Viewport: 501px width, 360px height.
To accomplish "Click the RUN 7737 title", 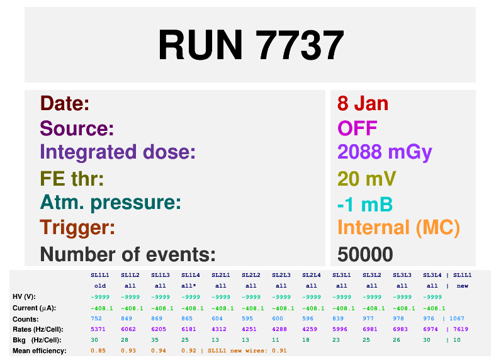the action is coord(251,45).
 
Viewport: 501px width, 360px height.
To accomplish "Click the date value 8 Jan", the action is coord(363,103).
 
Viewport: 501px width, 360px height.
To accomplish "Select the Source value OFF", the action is coord(357,128).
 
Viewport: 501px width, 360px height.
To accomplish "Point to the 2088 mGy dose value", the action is coord(385,153).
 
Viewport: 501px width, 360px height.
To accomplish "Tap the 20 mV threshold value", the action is coord(366,178).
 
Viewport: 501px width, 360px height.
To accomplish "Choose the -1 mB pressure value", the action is coord(365,205).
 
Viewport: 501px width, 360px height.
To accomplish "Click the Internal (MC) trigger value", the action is coord(399,228).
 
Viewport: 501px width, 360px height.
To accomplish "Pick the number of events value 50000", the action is coord(365,254).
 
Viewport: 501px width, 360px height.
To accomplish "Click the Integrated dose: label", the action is coord(118,152).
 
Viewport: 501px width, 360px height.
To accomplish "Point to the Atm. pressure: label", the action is coord(111,203).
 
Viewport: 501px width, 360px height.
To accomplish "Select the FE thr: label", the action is coord(72,178).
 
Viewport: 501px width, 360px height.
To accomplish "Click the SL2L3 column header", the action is coord(281,275).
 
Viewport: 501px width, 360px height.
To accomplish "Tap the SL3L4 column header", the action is coord(432,275).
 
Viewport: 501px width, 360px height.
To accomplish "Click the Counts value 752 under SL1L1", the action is coord(96,318).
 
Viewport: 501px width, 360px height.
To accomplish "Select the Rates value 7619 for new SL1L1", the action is coord(461,329).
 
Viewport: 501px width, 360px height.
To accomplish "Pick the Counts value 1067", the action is coord(456,318).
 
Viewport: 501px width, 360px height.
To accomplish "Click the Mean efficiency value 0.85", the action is coord(98,351).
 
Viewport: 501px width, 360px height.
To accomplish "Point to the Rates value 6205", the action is coord(159,329).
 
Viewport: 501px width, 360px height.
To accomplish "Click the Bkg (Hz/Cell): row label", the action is coord(37,340).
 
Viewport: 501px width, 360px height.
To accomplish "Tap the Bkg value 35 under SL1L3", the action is coord(155,340).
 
